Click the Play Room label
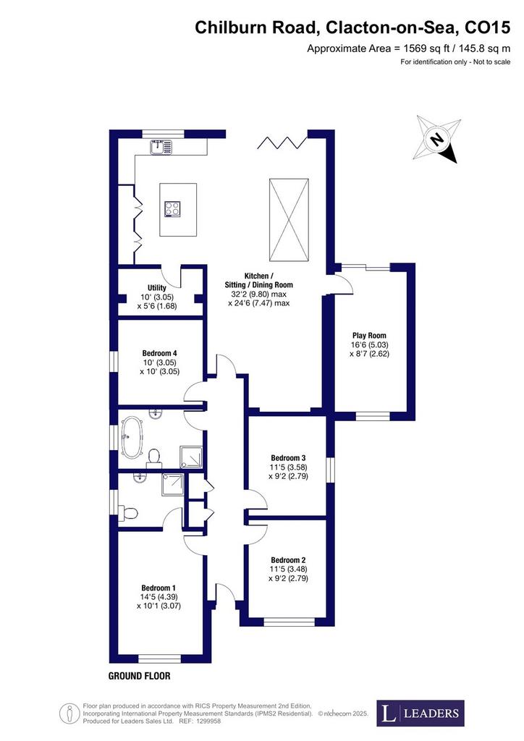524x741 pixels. (x=369, y=336)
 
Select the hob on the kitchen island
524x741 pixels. (x=172, y=208)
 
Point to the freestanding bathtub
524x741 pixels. (x=131, y=436)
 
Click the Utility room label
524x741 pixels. (x=157, y=288)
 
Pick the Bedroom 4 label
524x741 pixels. (x=160, y=353)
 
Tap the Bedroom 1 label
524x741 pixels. (x=159, y=588)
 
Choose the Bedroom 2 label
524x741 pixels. (x=288, y=561)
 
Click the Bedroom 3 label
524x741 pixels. (x=288, y=458)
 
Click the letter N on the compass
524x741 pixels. (x=438, y=140)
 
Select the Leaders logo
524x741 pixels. (x=421, y=713)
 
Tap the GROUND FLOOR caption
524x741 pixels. (x=140, y=676)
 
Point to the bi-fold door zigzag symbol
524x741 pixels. (x=282, y=143)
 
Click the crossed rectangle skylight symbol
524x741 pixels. (x=290, y=220)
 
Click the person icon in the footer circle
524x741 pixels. (x=70, y=713)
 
